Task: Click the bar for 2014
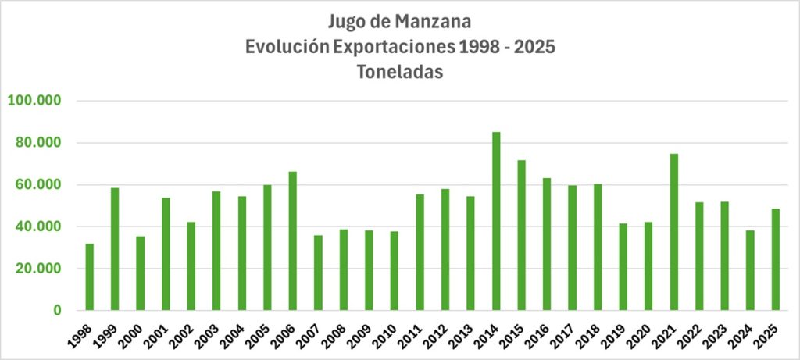496,221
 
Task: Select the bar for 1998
90,277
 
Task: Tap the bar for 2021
673,232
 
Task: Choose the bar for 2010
395,271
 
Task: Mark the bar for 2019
623,267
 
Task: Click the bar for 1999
115,249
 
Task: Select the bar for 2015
521,235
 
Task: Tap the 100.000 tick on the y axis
34,101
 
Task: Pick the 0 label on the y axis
57,311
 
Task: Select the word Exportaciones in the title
393,45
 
